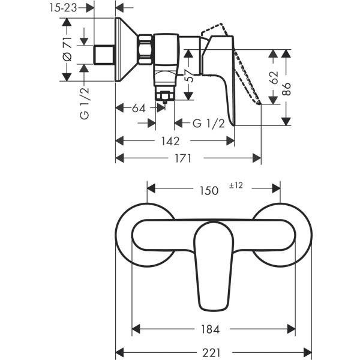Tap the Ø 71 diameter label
[x=68, y=49]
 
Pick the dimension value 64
[x=139, y=109]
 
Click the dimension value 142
[x=171, y=141]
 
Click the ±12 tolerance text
[x=235, y=186]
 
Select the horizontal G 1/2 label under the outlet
[x=208, y=124]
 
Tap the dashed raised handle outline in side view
[x=240, y=66]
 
